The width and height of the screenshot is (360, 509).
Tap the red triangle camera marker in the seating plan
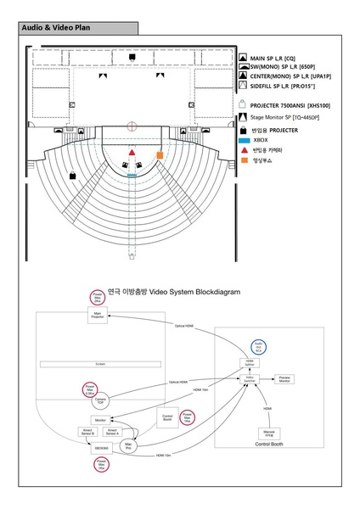pos(132,152)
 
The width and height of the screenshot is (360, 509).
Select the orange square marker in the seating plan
pos(159,155)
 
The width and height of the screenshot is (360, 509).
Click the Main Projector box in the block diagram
pos(98,316)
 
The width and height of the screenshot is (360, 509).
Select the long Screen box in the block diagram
pos(100,364)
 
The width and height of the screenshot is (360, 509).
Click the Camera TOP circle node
pos(100,399)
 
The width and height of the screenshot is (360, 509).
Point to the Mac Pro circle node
pos(128,445)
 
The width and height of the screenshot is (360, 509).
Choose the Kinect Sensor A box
pos(123,432)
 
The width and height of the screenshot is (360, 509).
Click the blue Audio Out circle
pos(259,346)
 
